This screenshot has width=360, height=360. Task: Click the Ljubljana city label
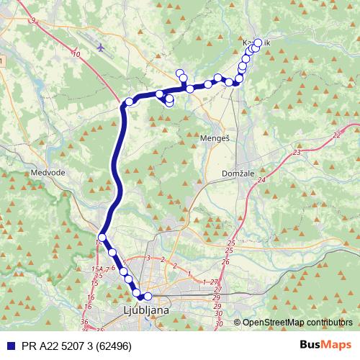tap(143, 310)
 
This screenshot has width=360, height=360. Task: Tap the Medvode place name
tap(48, 174)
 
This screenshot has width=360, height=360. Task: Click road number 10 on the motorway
tap(76, 54)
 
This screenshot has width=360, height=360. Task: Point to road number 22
tap(337, 135)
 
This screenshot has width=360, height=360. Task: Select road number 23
tap(297, 153)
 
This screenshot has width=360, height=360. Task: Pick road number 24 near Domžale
tap(261, 180)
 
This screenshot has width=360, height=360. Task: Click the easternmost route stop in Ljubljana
tap(148, 296)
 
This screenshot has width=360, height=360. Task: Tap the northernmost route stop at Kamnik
tap(258, 42)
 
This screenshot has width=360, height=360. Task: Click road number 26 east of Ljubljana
tap(225, 262)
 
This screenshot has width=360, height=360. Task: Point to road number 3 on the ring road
tap(147, 258)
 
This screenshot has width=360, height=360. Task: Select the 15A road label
tap(96, 269)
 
